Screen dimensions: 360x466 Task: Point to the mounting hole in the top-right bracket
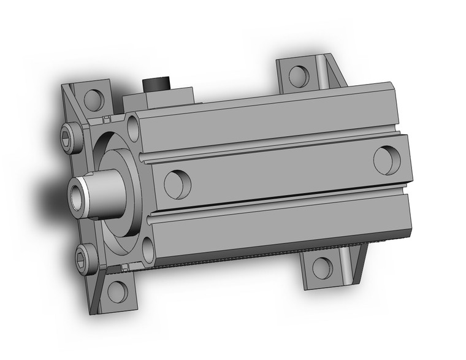click(x=298, y=75)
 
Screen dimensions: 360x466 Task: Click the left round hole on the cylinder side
click(x=178, y=182)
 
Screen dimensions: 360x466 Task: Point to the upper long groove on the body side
click(x=270, y=150)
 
